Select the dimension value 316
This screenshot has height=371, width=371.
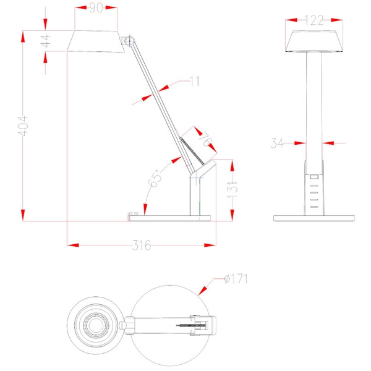[x=142, y=245]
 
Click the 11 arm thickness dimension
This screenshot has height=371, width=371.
[x=195, y=80]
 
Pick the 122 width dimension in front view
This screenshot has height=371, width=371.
[x=315, y=20]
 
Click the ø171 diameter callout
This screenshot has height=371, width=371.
[x=237, y=279]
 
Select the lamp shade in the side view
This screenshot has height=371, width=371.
[x=96, y=42]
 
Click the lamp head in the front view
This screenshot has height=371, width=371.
[x=315, y=42]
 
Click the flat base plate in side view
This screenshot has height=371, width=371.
[x=170, y=217]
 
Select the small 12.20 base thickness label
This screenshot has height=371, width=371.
[x=133, y=214]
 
